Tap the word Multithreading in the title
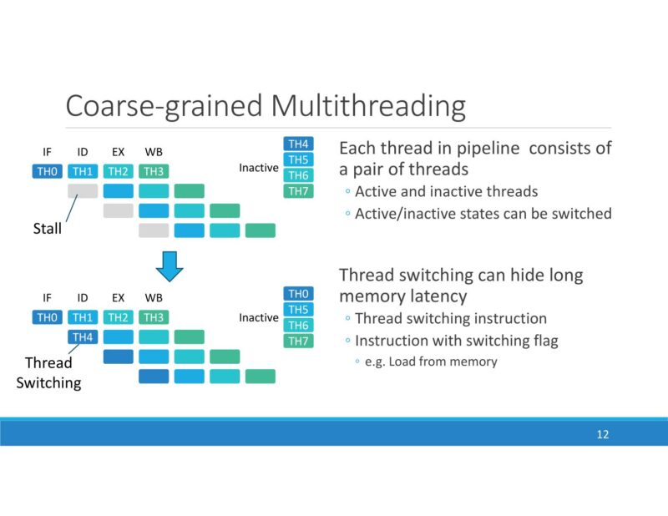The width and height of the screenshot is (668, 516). pos(367,107)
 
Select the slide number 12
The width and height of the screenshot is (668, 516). pos(603,434)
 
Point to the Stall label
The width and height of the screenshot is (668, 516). pos(47,228)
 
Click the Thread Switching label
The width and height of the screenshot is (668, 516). pos(48,373)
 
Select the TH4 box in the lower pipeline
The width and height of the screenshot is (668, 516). pos(83,336)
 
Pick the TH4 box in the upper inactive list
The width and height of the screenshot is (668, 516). pos(299,144)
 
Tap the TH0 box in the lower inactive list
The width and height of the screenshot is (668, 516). pos(299,294)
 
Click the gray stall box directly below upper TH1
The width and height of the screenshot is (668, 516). pos(83,191)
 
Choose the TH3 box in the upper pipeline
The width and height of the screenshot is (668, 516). pos(153,172)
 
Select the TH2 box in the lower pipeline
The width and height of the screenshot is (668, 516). pos(118,317)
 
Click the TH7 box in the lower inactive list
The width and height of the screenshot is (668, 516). pos(299,341)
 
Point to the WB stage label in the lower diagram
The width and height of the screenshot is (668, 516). pos(154,297)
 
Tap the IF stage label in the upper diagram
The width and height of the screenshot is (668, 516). pos(48,152)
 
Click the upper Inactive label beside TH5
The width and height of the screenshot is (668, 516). pos(259,168)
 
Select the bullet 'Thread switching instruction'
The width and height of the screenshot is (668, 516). pos(451,318)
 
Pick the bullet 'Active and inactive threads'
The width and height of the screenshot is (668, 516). pos(446,192)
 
